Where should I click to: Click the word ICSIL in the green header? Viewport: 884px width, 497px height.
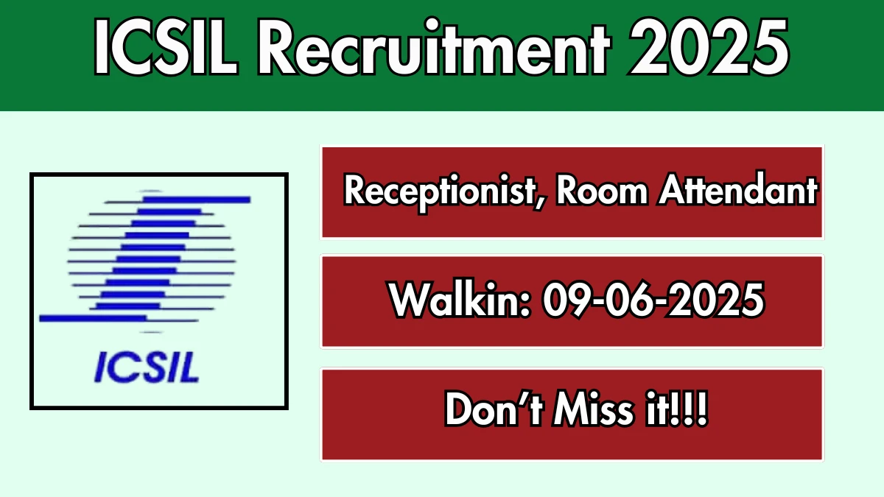click(x=166, y=46)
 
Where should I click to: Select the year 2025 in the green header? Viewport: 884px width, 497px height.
click(x=709, y=47)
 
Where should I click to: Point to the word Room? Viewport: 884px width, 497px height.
click(x=602, y=191)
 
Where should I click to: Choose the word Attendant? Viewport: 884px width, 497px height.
click(x=737, y=189)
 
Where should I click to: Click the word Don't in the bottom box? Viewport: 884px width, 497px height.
click(x=494, y=409)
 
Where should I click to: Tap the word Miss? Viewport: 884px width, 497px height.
click(x=593, y=409)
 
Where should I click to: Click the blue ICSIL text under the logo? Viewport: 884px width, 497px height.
click(x=147, y=367)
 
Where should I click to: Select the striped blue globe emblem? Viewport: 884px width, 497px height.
click(x=145, y=261)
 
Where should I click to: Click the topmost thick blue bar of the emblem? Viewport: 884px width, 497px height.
click(x=196, y=200)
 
